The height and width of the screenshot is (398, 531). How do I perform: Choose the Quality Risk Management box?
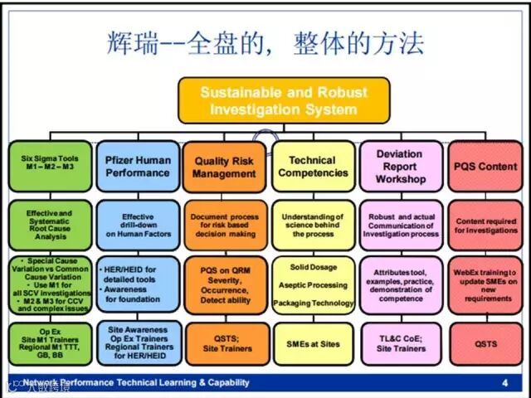tap(224, 167)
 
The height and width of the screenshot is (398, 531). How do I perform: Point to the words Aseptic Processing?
tap(312, 284)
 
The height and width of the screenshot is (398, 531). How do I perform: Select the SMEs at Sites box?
tap(312, 342)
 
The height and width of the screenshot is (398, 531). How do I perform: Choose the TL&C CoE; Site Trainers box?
tap(400, 343)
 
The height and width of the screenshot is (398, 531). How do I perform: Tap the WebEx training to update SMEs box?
tap(485, 284)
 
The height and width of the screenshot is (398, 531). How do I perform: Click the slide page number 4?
tap(505, 382)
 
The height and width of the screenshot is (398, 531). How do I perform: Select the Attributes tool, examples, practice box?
tap(400, 284)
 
